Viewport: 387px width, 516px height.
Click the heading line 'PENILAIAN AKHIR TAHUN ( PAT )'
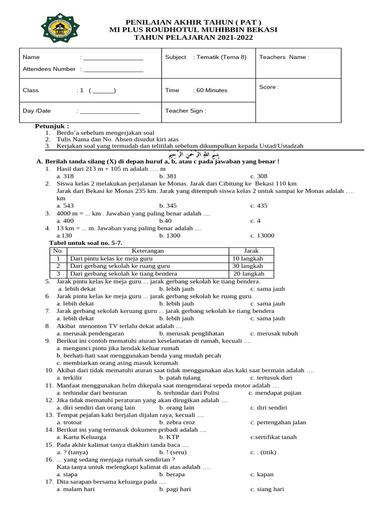coord(193,22)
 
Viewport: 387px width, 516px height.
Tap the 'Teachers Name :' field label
coord(284,57)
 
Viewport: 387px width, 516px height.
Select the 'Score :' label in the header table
coord(269,87)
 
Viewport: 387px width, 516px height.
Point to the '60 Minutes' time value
coord(212,91)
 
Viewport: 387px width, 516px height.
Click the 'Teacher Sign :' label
coord(185,111)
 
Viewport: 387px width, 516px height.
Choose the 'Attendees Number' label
coord(49,69)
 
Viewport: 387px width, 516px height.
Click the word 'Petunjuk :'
coord(52,125)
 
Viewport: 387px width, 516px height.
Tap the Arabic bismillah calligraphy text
coord(193,154)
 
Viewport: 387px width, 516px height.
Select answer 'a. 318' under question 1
coord(66,176)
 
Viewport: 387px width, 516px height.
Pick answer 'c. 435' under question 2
coord(259,206)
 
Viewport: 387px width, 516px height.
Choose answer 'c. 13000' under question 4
coord(262,235)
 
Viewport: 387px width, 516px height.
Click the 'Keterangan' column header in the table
coord(148,251)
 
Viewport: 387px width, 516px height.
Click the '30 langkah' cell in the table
coord(247,266)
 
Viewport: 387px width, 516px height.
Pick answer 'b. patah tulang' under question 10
coord(179,378)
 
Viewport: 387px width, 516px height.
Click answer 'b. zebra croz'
coord(177,422)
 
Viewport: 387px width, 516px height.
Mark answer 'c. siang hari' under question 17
coord(267,489)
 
